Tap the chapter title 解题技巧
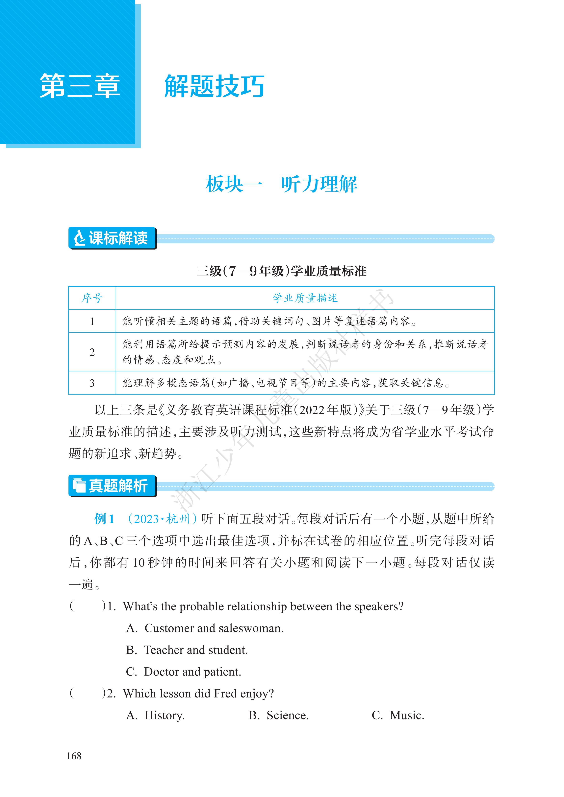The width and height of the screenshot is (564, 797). pos(214,86)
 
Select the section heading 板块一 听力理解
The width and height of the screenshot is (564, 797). pos(281,184)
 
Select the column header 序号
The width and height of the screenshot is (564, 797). pos(92,298)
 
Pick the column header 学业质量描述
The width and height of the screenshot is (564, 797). pos(305,298)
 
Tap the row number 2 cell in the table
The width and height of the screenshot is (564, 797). pos(92,352)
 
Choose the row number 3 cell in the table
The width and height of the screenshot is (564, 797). pos(92,383)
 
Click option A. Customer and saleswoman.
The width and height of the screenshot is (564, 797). pos(205,628)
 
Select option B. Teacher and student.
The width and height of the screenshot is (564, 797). pos(187,650)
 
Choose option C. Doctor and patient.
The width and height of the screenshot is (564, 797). pos(184,672)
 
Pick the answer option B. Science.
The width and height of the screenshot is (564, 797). pos(279,715)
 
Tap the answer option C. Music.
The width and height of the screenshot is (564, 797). pos(398,715)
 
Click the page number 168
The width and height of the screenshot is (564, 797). pos(74,756)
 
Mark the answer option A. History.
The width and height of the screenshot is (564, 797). pos(155,715)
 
